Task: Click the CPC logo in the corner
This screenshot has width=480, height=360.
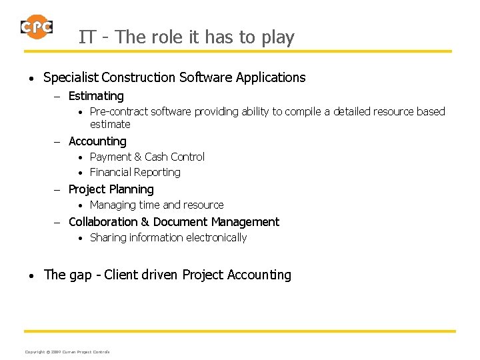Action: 36,27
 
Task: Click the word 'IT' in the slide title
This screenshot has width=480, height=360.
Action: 86,37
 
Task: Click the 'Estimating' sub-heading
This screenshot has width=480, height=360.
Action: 96,96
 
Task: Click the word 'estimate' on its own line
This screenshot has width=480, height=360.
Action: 110,124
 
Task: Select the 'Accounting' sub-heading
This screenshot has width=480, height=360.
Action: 97,141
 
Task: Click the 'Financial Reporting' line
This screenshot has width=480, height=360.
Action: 135,172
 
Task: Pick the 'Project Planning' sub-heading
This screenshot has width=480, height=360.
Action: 111,189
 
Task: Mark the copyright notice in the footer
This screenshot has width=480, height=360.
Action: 67,351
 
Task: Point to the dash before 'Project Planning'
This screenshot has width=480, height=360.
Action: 57,190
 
